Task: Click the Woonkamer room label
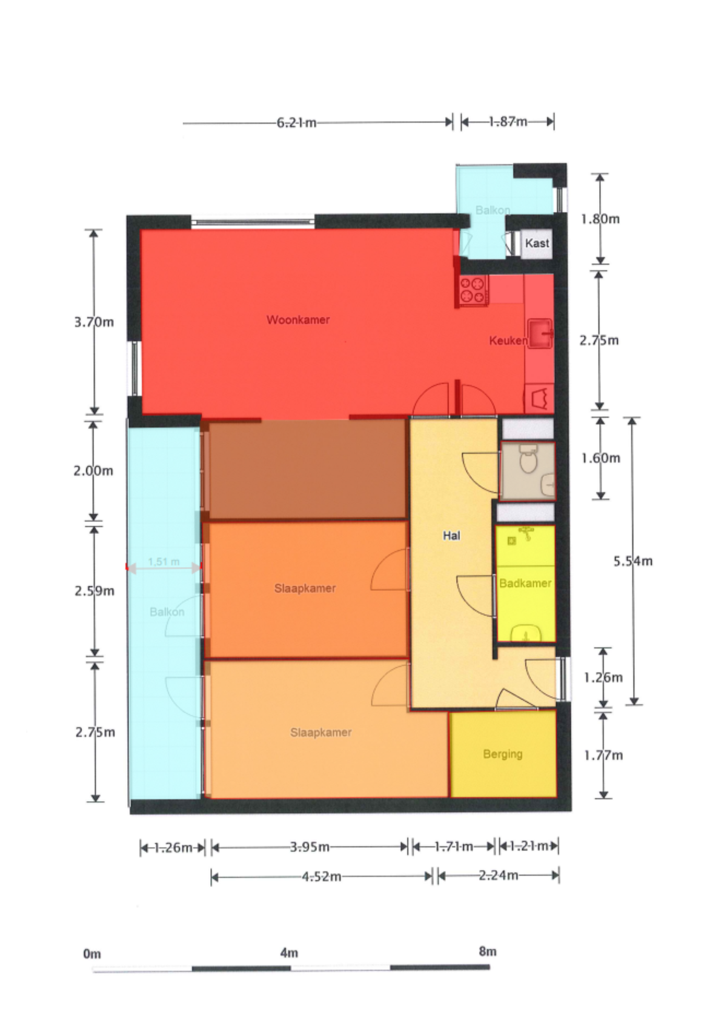coord(298,319)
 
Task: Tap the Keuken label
coord(508,341)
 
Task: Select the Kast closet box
coord(537,244)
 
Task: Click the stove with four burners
coord(473,290)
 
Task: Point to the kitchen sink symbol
coord(540,334)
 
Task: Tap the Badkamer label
coord(525,583)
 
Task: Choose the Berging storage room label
coord(503,754)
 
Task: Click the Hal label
coord(452,536)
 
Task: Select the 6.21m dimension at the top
coord(297,123)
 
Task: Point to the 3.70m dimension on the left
coord(94,322)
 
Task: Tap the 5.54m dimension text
coord(633,561)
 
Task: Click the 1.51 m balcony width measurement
coord(164,562)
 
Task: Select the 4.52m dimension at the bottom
coord(322,876)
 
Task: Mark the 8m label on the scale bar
coord(488,951)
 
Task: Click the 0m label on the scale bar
coord(92,954)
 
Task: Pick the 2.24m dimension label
coord(499,875)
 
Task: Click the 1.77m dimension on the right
coord(603,755)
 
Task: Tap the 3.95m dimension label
coord(310,847)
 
